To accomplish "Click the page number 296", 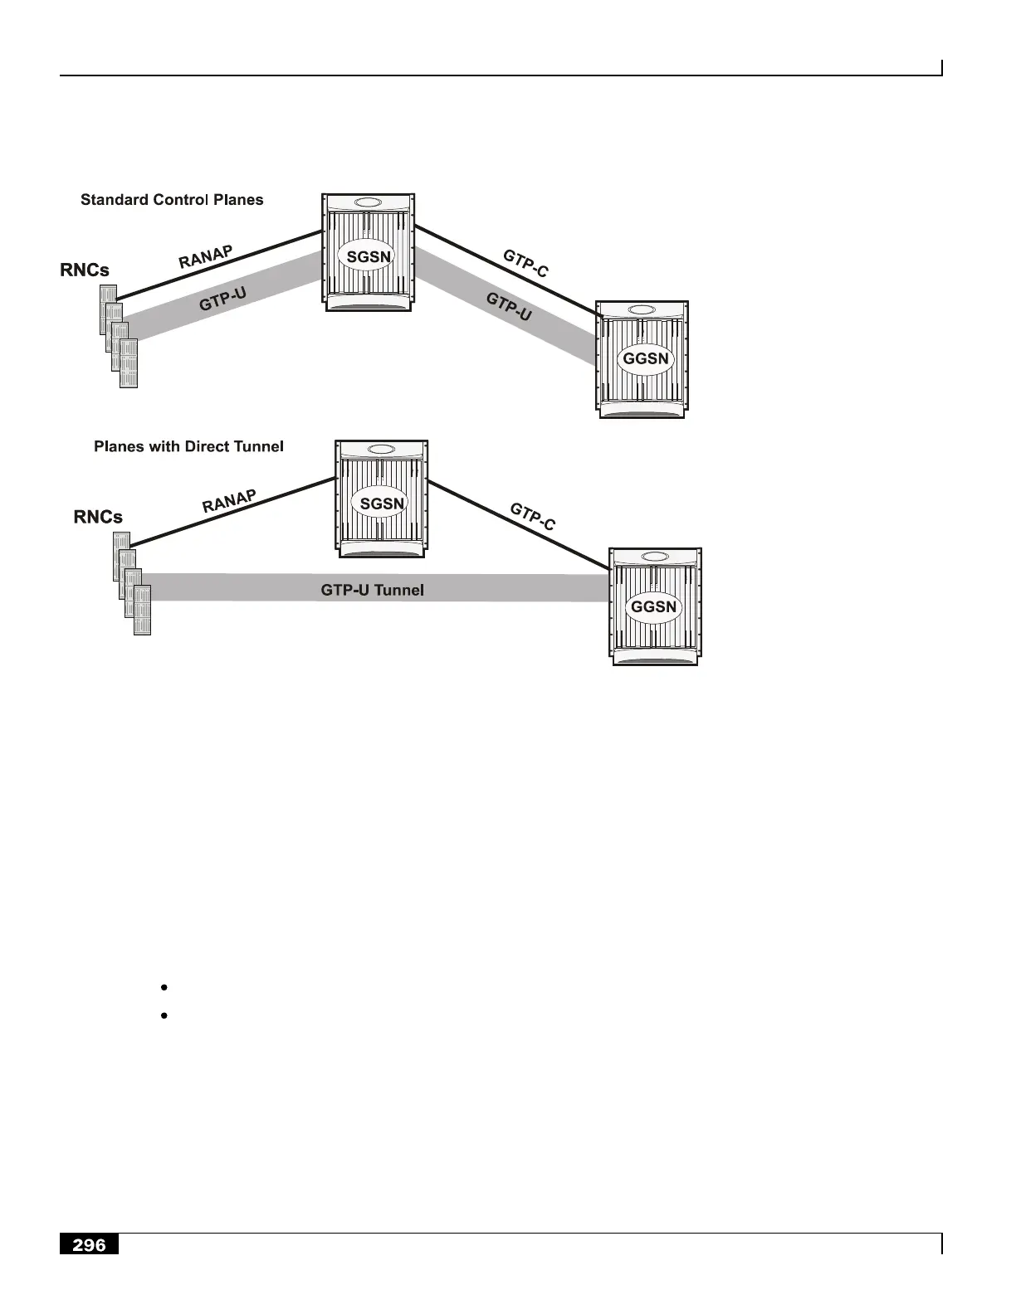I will click(x=89, y=1244).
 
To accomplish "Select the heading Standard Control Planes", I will click(x=172, y=200).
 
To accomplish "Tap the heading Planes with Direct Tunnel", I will click(x=188, y=446).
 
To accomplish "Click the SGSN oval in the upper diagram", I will click(x=369, y=256).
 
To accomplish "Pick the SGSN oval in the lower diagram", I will click(x=382, y=504).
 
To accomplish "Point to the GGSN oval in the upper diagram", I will click(x=646, y=359).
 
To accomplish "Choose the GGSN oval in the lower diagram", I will click(x=654, y=606).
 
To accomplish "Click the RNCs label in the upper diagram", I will click(x=85, y=270).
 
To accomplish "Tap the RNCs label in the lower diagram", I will click(x=98, y=517).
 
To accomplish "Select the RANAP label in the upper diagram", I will click(x=206, y=256).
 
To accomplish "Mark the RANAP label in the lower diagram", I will click(x=229, y=502).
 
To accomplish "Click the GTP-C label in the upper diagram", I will click(x=525, y=263).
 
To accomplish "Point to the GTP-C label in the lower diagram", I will click(x=532, y=517).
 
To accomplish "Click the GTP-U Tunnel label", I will click(x=372, y=590).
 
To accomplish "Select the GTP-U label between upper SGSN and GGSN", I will click(x=509, y=306).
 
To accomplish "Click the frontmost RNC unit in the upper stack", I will click(x=129, y=363).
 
